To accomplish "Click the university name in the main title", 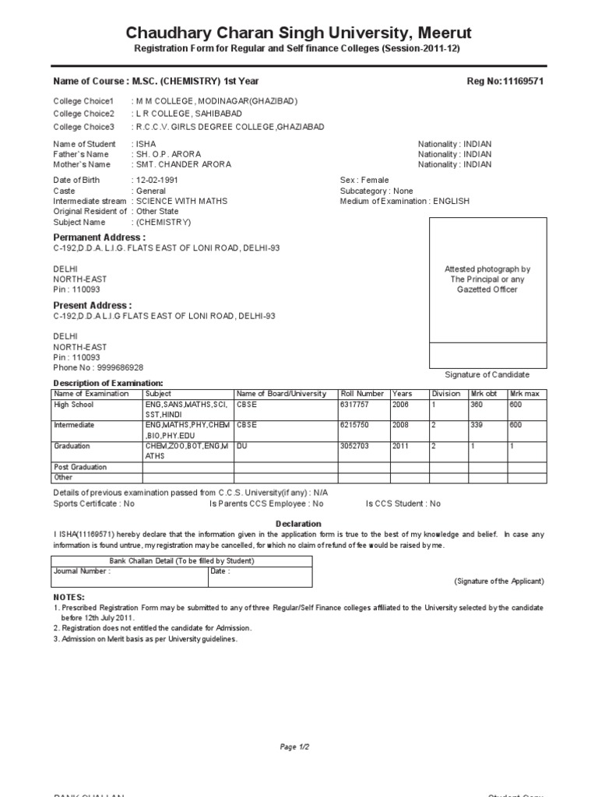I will [x=299, y=33].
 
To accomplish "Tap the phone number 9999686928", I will [x=120, y=367].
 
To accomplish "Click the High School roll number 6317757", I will [x=354, y=405].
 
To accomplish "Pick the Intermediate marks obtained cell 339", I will [x=477, y=425].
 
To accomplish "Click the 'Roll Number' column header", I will [x=362, y=394].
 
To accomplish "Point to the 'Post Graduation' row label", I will [x=79, y=467].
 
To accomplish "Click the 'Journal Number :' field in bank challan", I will [x=82, y=571].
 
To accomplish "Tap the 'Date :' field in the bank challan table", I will [x=220, y=571].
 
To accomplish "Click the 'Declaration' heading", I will [x=298, y=524].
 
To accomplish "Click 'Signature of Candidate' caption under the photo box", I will [x=487, y=374].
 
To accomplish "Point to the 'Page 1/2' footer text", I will [x=295, y=747].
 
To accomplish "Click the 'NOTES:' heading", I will [x=69, y=595].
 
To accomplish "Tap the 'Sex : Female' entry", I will [x=364, y=180].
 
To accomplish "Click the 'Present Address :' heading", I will [x=92, y=305].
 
